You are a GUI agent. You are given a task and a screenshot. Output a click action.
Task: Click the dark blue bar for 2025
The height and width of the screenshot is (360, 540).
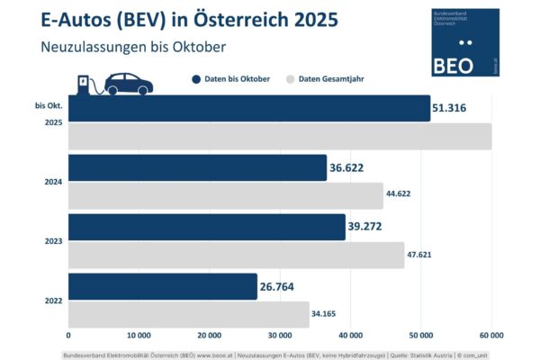tap(248, 109)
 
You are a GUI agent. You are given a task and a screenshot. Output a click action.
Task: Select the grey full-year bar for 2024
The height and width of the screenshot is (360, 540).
tap(226, 195)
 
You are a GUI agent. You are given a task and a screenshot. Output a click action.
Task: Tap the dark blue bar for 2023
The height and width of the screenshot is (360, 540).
tap(206, 227)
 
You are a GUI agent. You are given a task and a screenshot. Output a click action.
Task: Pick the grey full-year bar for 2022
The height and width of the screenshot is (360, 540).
tap(188, 314)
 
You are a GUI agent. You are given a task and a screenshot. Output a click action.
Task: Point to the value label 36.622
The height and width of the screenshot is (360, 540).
tap(350, 168)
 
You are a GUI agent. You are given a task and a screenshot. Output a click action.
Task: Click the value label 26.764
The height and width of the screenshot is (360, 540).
tap(281, 286)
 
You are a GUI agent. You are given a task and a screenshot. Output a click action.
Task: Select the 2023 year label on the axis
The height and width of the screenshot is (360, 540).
tap(53, 241)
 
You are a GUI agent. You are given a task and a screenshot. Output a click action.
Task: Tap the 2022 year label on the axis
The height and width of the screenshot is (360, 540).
tap(53, 301)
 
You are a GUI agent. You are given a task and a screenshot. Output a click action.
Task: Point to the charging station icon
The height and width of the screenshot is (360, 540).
tap(86, 84)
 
